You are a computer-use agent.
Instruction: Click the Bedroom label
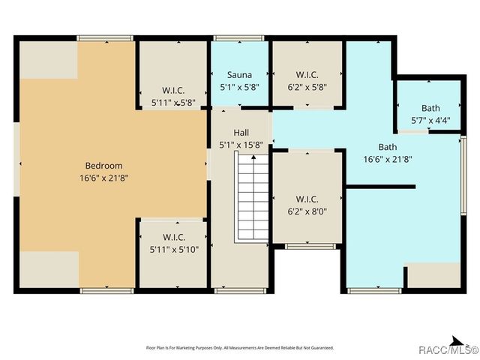coord(103,165)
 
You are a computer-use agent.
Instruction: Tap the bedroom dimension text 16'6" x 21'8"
coord(103,178)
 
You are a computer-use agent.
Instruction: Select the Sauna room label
coord(239,75)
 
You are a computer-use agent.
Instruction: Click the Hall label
coord(240,132)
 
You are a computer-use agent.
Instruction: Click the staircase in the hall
coord(253,196)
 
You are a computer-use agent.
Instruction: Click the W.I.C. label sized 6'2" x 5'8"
coord(307,75)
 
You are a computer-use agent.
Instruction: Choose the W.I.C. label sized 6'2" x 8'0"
coord(307,199)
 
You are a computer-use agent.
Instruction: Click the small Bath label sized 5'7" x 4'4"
coord(430,108)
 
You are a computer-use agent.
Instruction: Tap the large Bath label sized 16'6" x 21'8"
coord(388,147)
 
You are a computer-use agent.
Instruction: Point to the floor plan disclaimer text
coord(239,347)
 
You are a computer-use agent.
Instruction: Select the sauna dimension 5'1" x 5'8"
coord(240,88)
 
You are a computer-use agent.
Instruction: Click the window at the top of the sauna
coord(238,37)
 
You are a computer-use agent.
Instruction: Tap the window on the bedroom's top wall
coord(106,37)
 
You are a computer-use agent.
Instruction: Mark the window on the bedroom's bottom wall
coord(107,290)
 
